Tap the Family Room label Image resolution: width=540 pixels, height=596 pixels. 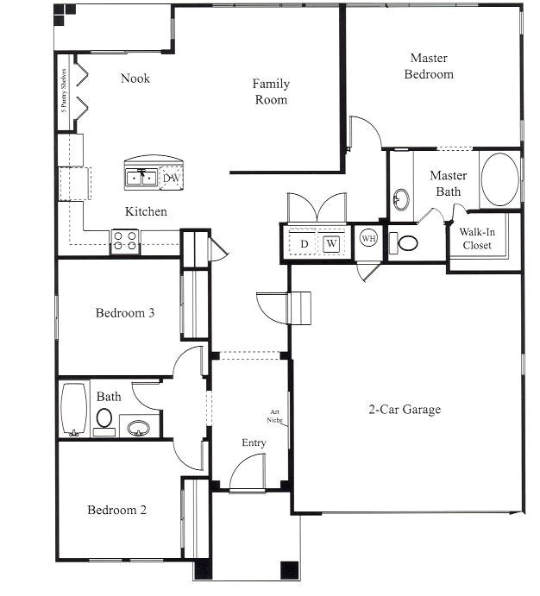(270, 91)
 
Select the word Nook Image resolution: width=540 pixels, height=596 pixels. (135, 78)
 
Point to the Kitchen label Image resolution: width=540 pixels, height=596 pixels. (146, 211)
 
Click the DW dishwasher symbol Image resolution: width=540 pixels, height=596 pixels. (172, 178)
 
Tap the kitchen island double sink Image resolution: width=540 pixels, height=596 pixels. (142, 178)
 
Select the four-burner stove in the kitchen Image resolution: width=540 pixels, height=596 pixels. (124, 241)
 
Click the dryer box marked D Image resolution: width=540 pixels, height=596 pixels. (304, 244)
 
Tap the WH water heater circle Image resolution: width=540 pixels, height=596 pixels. (368, 238)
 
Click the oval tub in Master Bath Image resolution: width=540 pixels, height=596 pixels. (499, 179)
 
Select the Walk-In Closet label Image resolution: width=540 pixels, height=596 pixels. (475, 239)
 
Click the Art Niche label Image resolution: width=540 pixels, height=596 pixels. (274, 416)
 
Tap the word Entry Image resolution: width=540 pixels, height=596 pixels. (254, 442)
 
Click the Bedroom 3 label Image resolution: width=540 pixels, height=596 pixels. (125, 313)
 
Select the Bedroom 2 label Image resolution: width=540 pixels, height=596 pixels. (116, 510)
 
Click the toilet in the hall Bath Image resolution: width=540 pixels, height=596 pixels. (104, 418)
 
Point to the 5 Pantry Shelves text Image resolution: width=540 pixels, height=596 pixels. (63, 93)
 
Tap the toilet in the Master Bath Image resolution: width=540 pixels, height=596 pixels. (407, 243)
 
